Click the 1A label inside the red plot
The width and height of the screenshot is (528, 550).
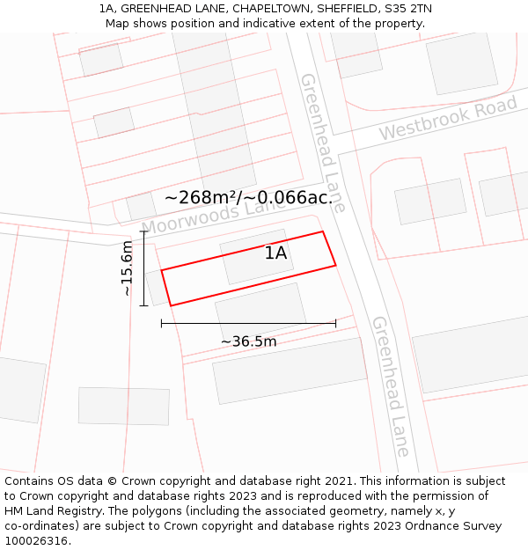coord(276,253)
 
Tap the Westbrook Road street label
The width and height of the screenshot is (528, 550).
coord(448,119)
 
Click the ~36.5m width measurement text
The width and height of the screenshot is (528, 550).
coord(248,341)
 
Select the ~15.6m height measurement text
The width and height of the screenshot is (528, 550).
coord(127,268)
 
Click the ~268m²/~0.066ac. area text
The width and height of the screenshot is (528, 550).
coord(248,198)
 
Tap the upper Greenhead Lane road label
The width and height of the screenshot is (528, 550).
coord(322,141)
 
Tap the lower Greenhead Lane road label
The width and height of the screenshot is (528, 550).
coord(391,385)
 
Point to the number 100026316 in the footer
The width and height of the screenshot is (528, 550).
coord(34,541)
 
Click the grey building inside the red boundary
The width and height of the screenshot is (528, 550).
coord(256,257)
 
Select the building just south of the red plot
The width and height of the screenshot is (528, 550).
coord(260,314)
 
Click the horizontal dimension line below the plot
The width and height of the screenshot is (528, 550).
coord(248,323)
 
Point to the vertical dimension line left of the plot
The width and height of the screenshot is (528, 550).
coord(143,268)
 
